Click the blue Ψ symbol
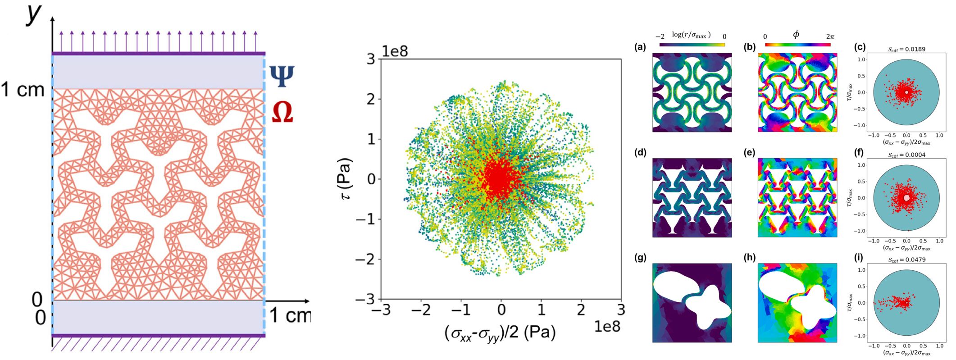coord(282,76)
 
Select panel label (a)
coord(640,47)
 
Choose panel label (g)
coord(640,258)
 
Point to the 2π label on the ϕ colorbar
coord(830,36)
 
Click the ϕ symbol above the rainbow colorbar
coord(796,35)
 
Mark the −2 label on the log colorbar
coord(660,36)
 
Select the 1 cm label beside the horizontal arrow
coord(290,315)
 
